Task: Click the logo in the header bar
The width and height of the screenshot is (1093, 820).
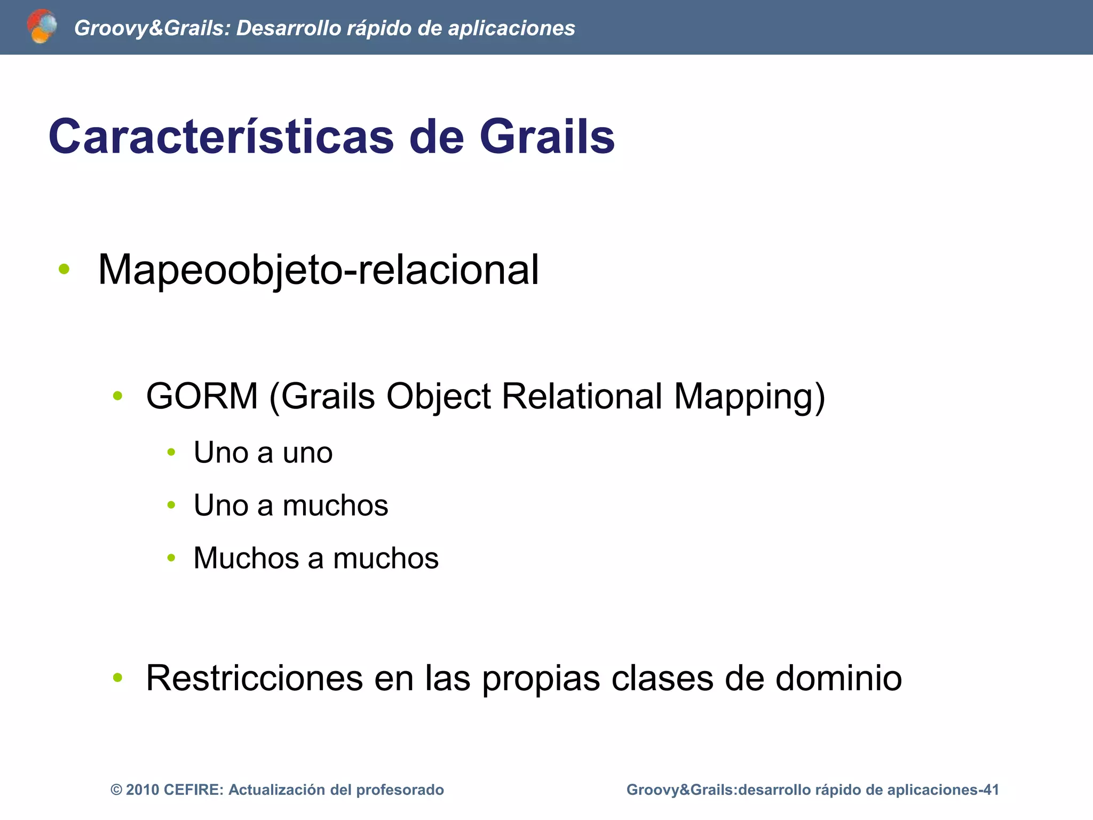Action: (42, 26)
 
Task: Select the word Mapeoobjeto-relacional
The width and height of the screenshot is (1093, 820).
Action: (319, 270)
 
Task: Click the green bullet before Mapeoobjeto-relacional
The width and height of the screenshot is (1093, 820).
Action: (64, 269)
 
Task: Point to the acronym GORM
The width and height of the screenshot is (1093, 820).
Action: (202, 396)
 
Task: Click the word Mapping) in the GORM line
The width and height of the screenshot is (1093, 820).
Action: (749, 396)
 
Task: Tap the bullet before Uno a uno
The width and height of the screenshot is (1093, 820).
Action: (171, 453)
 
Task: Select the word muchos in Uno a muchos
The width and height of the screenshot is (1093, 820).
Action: (335, 505)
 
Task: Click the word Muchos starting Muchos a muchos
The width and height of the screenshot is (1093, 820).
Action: (246, 558)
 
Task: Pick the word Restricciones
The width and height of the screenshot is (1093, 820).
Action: (254, 678)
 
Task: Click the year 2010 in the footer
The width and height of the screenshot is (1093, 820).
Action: (142, 790)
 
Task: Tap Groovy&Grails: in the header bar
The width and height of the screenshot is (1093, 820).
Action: (152, 28)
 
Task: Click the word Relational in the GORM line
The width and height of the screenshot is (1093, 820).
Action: (582, 396)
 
